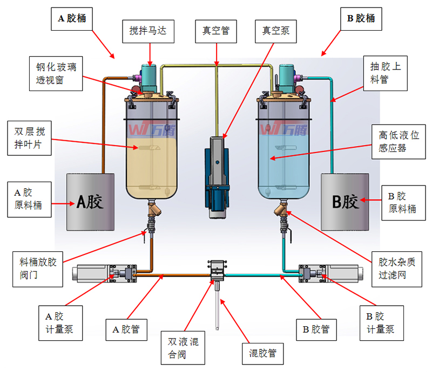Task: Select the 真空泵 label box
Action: click(x=276, y=31)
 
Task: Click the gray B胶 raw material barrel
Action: click(x=345, y=202)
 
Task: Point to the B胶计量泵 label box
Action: click(x=381, y=323)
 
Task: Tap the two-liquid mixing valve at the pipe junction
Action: click(x=217, y=270)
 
